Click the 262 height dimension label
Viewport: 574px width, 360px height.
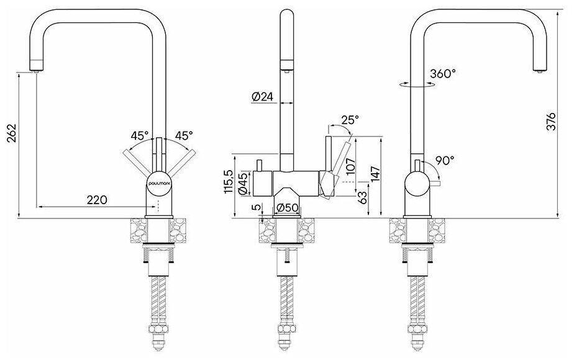[11, 133]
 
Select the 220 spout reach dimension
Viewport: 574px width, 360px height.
[97, 200]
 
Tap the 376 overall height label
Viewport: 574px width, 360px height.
[551, 122]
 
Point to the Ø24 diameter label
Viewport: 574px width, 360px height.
[263, 97]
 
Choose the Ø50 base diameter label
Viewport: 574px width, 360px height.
[288, 207]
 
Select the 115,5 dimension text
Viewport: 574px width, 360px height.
[228, 181]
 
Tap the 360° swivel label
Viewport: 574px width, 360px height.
[443, 74]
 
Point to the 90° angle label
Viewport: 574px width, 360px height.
[445, 160]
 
